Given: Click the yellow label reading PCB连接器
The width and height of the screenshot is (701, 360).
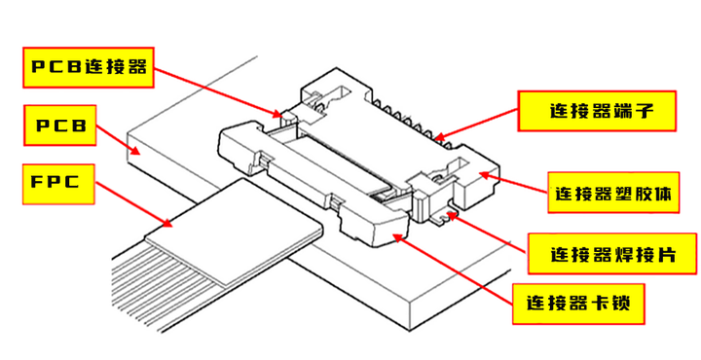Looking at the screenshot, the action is tap(89, 67).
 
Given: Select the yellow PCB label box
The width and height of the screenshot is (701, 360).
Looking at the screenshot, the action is tap(60, 126).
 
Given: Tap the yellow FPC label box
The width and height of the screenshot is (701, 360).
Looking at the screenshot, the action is tap(58, 185).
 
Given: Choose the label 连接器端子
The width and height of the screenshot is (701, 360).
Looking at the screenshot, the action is tap(597, 111).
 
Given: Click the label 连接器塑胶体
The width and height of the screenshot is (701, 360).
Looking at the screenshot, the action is tap(613, 193).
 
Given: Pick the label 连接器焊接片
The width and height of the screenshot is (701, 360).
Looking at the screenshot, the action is tap(613, 253).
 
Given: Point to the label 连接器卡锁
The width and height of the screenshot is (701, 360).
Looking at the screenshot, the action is tap(578, 304).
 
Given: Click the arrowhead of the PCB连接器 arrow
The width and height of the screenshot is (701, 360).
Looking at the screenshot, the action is tap(279, 114).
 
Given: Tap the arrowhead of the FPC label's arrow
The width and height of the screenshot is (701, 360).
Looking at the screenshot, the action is tap(167, 222).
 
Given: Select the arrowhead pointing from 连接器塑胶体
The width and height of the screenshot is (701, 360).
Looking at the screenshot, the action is tap(484, 175).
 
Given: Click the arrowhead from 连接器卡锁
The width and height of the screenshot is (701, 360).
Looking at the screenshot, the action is tap(397, 236).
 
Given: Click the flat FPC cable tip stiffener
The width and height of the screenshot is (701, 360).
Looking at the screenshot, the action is tap(235, 229).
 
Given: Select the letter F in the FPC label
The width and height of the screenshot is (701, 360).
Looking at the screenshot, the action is tap(37, 182).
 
